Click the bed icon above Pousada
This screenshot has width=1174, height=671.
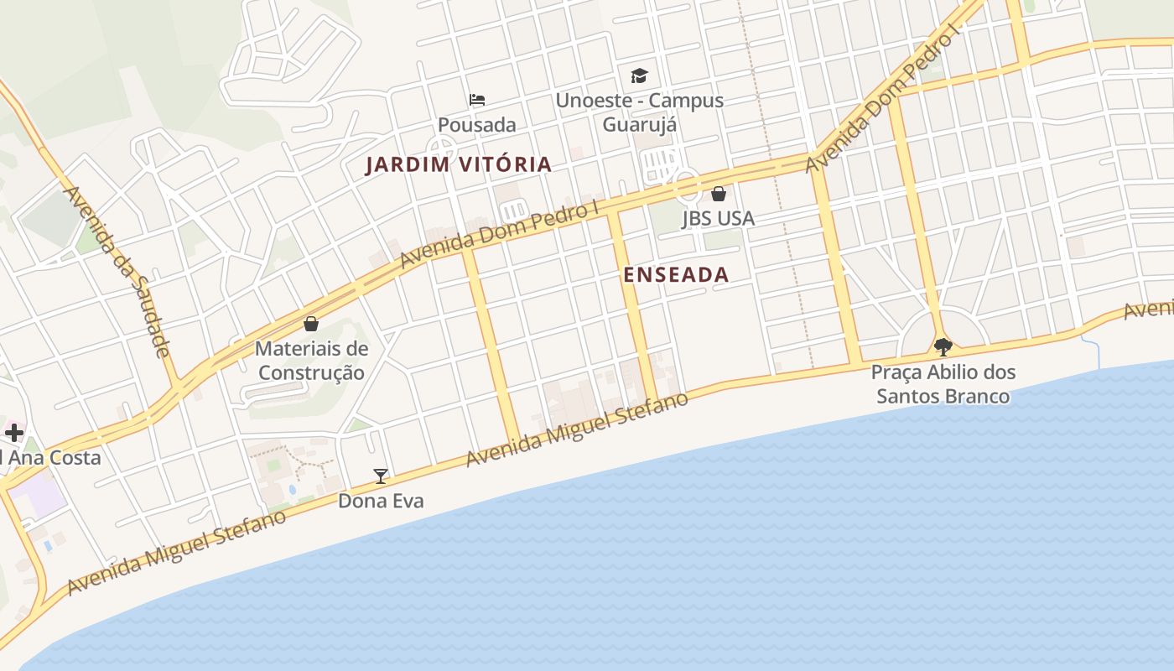(x=477, y=100)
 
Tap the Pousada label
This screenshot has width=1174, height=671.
(x=477, y=125)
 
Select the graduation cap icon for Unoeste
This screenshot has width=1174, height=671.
(x=640, y=75)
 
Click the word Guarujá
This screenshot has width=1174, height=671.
(x=640, y=124)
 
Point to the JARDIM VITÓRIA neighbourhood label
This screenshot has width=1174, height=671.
(x=459, y=165)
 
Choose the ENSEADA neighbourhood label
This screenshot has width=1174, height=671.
(x=676, y=274)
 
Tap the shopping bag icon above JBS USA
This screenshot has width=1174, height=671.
(x=719, y=194)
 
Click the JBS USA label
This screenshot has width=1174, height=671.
(x=718, y=219)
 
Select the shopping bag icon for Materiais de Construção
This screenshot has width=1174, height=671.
(x=311, y=324)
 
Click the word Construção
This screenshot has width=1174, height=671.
(x=311, y=372)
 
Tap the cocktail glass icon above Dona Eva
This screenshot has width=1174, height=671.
(x=381, y=476)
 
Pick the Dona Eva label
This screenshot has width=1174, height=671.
(x=381, y=502)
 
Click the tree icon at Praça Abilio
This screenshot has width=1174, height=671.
(x=943, y=346)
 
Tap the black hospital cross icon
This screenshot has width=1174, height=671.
(x=14, y=433)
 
